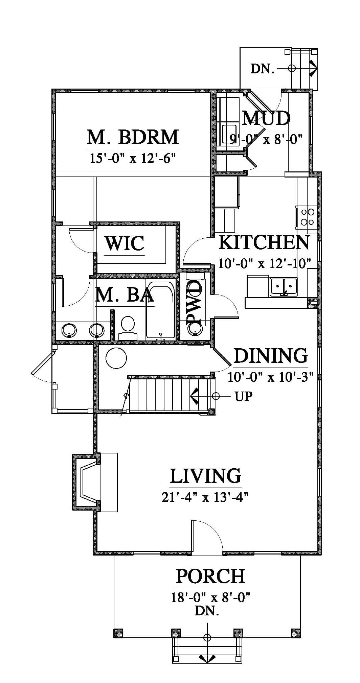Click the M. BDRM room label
133,137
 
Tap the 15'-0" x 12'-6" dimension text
133,158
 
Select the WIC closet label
125,243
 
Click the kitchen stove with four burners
307,217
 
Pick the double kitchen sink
284,287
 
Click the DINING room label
271,355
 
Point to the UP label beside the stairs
244,396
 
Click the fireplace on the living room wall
87,482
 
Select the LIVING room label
205,475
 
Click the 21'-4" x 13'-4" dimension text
205,497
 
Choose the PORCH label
210,576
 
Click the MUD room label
267,118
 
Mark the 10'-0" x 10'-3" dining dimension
271,376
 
